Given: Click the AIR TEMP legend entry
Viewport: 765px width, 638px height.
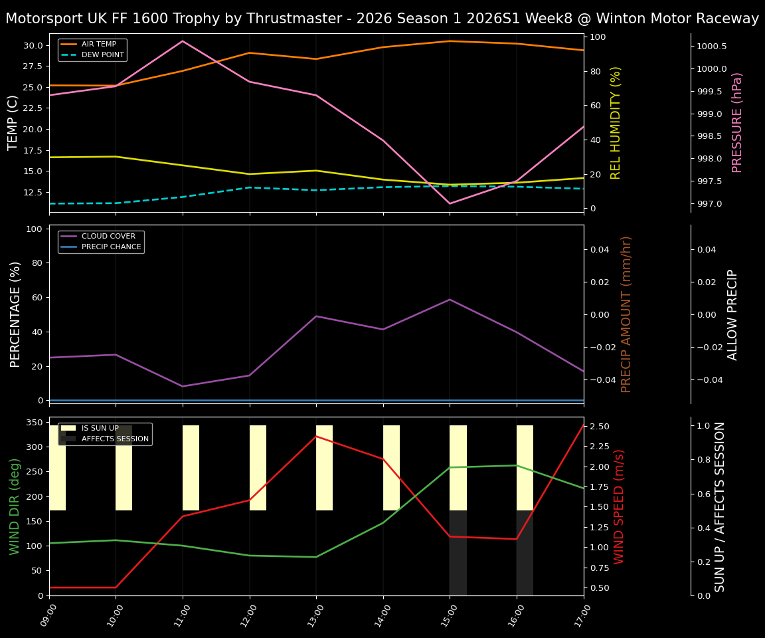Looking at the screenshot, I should (98, 44).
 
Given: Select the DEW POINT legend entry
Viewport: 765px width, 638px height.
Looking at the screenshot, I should (102, 54).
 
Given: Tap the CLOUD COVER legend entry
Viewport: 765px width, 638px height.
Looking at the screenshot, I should (108, 236).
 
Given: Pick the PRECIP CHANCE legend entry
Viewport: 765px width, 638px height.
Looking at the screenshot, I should (111, 247).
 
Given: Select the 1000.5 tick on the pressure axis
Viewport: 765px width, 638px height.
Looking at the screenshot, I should (711, 47).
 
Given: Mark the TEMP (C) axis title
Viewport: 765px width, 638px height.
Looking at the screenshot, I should (13, 122).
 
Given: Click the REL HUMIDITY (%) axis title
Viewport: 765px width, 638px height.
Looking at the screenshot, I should (616, 122).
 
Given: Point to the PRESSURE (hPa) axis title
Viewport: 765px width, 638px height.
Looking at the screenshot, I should (737, 122).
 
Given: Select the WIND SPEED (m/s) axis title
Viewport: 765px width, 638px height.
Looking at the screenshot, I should (619, 506).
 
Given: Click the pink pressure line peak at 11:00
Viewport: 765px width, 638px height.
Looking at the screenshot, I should (183, 41).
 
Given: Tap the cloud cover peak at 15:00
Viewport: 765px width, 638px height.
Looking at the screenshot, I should (450, 299).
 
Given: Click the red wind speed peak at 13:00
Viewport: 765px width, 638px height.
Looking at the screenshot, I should (316, 436).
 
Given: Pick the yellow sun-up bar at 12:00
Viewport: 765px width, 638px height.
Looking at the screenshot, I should (258, 468).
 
